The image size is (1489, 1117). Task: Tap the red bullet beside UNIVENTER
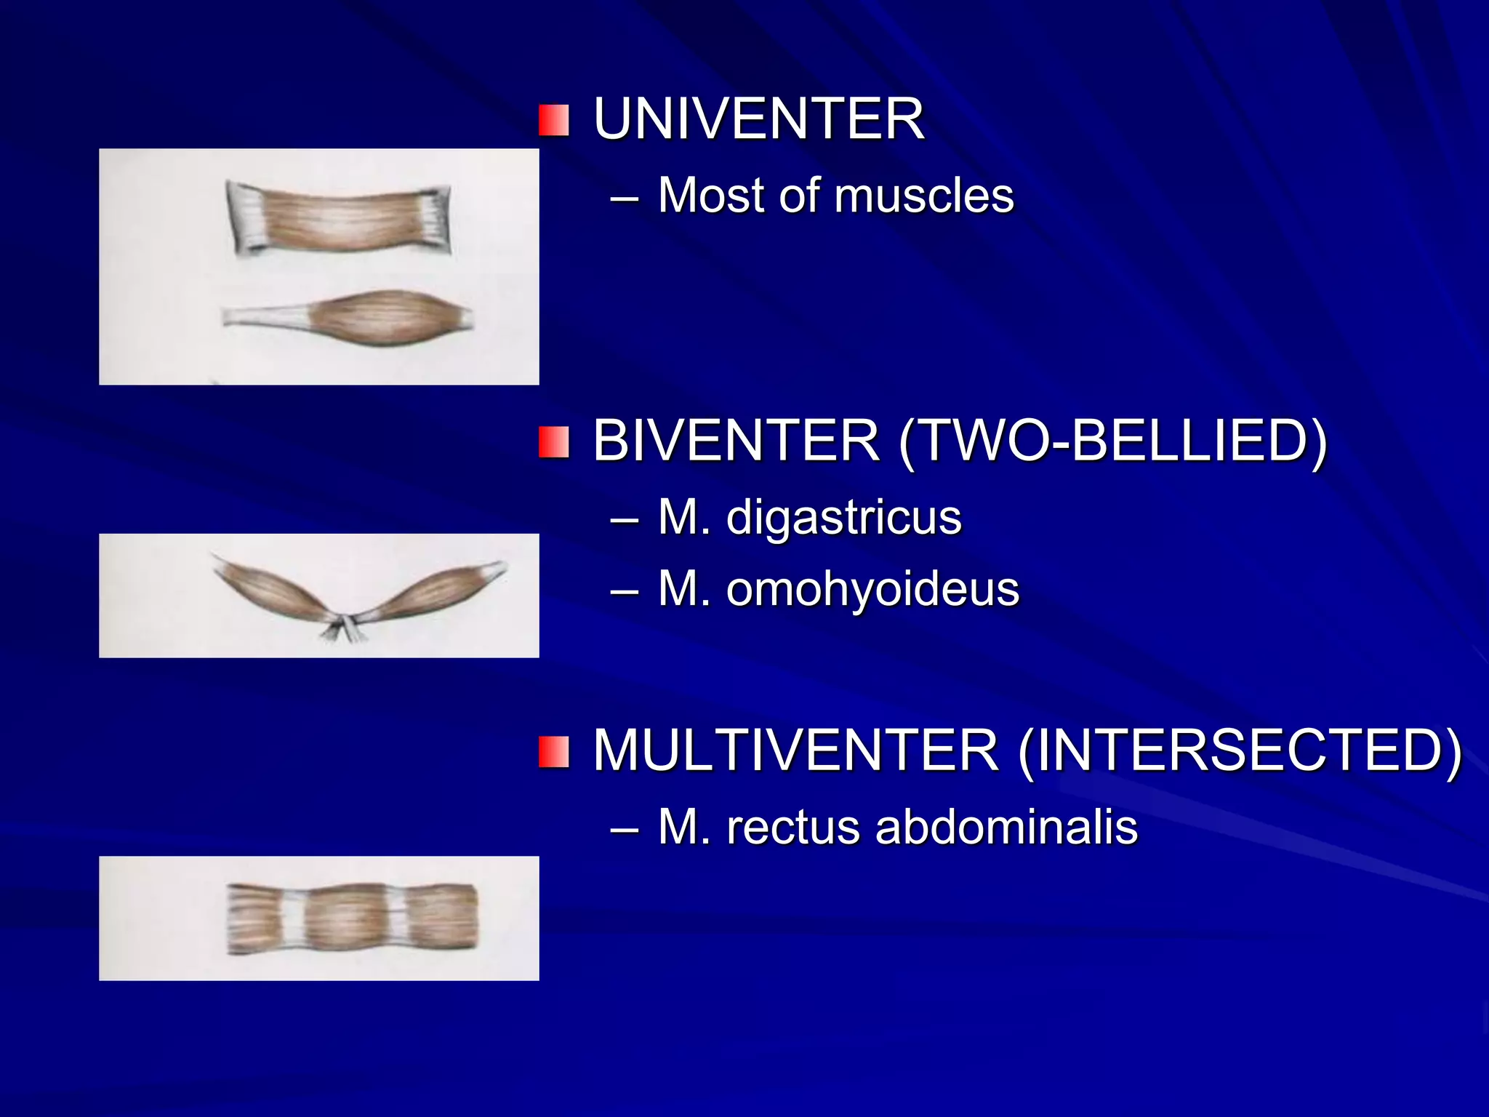553,121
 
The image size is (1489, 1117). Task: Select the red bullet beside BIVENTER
553,442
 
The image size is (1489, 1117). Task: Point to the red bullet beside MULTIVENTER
553,752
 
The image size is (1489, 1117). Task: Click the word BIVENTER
736,441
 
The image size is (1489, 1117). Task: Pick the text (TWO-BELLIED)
1112,441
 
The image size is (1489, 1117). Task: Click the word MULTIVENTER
795,750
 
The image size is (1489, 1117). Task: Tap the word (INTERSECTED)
1240,750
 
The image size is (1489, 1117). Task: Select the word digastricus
843,517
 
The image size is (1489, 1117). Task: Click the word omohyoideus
872,588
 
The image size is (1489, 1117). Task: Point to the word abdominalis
1006,827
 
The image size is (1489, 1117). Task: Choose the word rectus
793,827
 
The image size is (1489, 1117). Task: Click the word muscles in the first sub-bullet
923,196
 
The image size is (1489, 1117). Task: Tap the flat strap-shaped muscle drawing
339,218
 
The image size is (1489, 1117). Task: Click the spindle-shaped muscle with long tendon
389,318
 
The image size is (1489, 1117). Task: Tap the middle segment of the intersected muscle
346,918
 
